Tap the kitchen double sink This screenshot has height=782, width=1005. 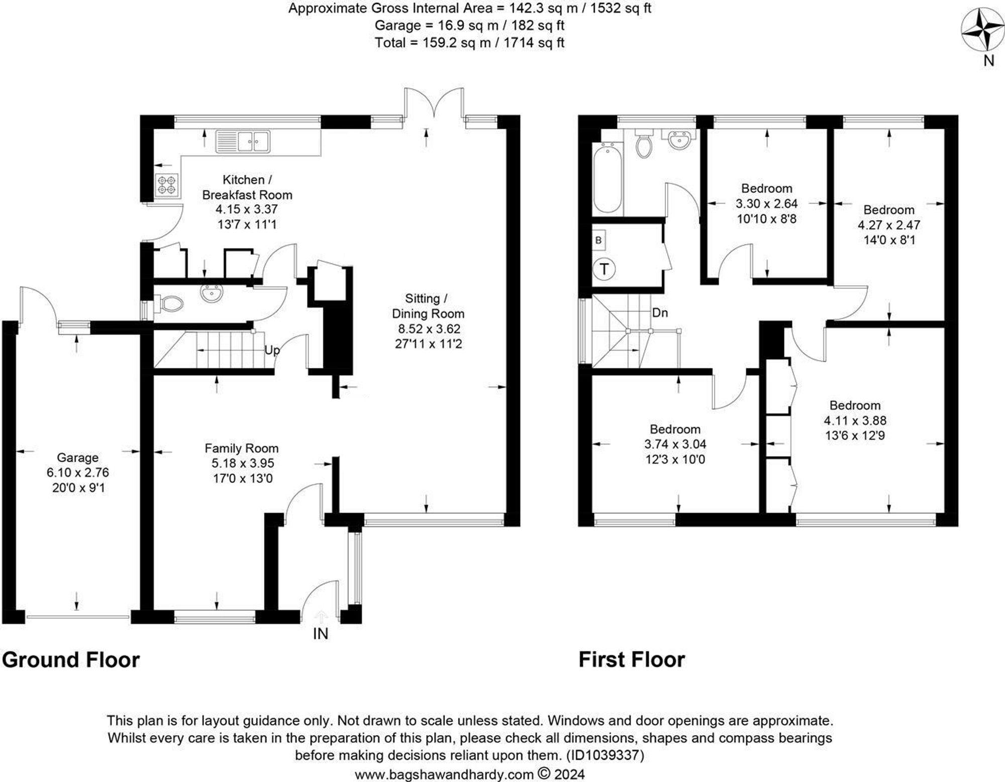click(243, 141)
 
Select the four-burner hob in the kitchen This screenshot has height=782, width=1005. click(167, 184)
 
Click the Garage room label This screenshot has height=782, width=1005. click(77, 458)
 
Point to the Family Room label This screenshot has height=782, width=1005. click(241, 448)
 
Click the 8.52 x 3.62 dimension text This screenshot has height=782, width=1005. click(428, 329)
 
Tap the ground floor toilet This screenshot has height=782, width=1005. click(169, 303)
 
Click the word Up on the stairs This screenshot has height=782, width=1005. click(272, 350)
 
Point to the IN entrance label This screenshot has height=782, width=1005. click(321, 634)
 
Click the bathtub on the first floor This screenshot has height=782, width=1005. click(607, 178)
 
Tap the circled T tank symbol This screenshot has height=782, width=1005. click(604, 269)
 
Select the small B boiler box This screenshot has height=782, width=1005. click(598, 240)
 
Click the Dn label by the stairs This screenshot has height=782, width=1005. click(660, 312)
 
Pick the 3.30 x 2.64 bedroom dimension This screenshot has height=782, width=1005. click(767, 203)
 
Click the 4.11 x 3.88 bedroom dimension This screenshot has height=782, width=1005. click(855, 420)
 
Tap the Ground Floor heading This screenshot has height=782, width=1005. click(71, 659)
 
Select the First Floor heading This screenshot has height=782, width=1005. click(632, 659)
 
